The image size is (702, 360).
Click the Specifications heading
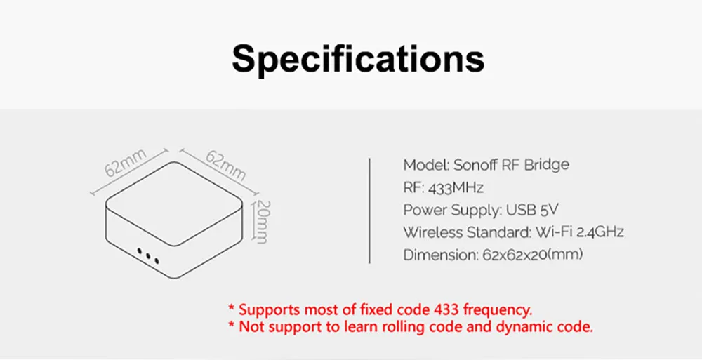point(358,59)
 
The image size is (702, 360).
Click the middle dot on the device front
point(148,255)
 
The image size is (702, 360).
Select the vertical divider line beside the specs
point(369,211)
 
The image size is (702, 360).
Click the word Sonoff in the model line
point(475,165)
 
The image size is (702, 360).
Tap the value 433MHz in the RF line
point(456,187)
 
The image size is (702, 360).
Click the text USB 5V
point(533,210)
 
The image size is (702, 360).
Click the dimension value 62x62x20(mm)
point(533,255)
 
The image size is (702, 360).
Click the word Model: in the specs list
point(426,165)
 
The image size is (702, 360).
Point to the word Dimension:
point(441,255)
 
